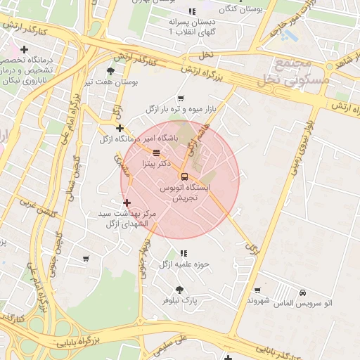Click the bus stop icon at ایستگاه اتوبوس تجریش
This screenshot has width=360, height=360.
[184, 176]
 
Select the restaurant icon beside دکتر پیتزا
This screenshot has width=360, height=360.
[155, 152]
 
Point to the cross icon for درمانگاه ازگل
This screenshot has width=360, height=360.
[120, 128]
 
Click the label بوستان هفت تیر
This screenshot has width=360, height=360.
[111, 82]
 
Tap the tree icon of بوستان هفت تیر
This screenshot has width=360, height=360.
[110, 71]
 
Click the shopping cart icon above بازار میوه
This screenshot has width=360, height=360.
[181, 98]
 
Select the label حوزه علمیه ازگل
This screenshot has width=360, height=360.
[184, 264]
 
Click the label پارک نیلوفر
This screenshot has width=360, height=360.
[181, 300]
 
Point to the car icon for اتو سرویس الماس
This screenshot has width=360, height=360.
[302, 292]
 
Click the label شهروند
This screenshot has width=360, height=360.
[259, 300]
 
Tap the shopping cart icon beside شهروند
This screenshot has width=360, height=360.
[258, 290]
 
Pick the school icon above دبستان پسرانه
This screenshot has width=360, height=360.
[191, 11]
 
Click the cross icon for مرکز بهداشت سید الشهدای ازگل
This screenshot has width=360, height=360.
[127, 202]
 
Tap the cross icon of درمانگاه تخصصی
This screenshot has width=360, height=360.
[25, 49]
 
